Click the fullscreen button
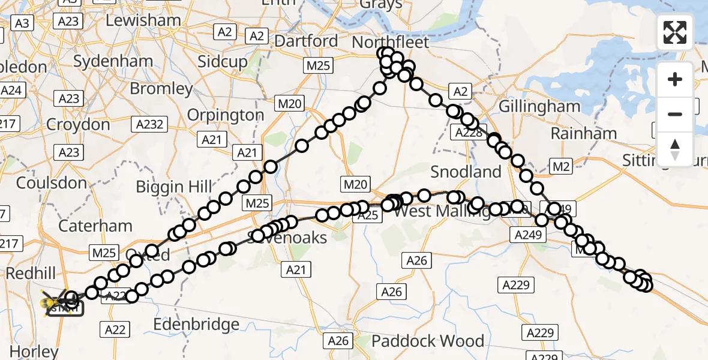675,32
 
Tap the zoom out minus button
675,114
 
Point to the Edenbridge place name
197,325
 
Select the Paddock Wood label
428,341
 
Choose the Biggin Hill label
174,187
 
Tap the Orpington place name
226,115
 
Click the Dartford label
307,41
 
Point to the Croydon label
78,125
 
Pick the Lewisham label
143,20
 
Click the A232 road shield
149,125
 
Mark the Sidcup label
223,62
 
